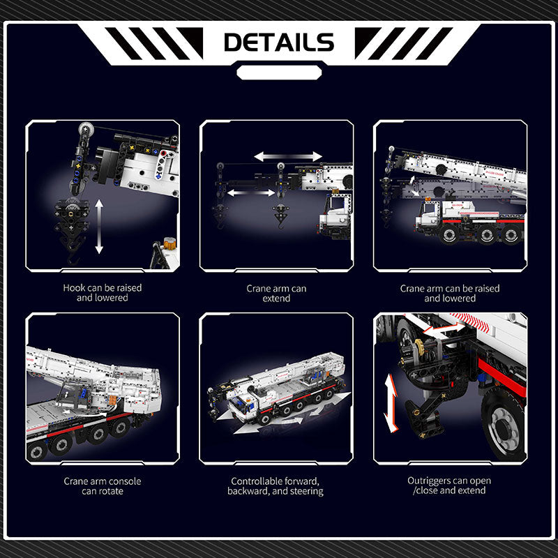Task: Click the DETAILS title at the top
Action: point(279,42)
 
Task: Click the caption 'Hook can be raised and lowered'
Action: point(103,292)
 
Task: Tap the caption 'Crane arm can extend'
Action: point(276,293)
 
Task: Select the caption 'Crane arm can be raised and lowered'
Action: point(450,293)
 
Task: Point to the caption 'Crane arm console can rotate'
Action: point(103,486)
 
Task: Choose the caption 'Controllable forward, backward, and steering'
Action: point(276,486)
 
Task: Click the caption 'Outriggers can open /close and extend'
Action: point(449,485)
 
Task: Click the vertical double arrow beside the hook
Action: point(99,226)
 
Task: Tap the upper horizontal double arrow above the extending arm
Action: point(288,156)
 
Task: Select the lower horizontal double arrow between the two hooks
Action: point(251,193)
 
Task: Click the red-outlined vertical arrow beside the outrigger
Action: point(391,403)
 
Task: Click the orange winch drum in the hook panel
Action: point(169,243)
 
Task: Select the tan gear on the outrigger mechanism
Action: point(420,347)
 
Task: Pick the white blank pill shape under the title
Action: point(280,73)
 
